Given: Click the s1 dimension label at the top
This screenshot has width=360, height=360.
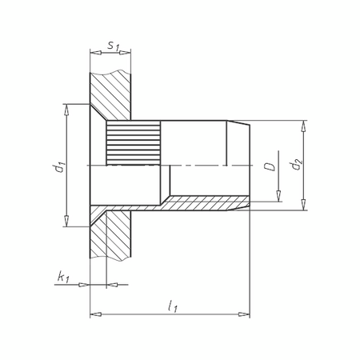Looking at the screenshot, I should [112, 46].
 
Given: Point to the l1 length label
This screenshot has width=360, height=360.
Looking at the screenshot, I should [172, 305].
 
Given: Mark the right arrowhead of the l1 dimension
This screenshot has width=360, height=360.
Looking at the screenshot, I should [246, 313].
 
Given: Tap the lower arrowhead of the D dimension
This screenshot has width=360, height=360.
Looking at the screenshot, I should [278, 198].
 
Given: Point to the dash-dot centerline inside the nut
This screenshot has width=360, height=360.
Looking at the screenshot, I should [200, 166].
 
